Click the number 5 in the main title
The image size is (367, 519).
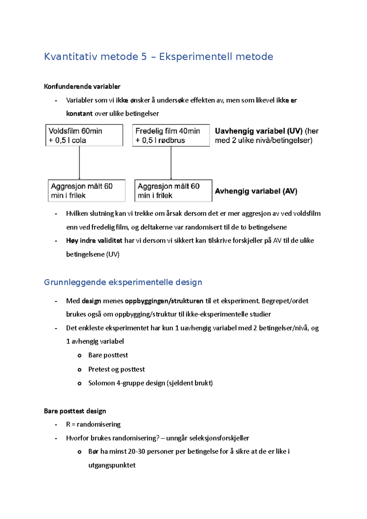(144, 57)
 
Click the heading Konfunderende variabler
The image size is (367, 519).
(82, 86)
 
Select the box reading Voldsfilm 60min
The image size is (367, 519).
(84, 135)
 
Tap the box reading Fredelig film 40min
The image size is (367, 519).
(171, 135)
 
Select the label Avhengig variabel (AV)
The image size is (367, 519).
(256, 191)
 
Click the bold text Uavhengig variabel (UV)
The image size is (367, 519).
(258, 131)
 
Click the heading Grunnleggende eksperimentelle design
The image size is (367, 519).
(123, 282)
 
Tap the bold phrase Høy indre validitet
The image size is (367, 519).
(94, 241)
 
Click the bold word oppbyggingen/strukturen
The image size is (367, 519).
(164, 301)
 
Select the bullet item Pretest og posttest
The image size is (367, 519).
(117, 369)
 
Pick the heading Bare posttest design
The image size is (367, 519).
(75, 411)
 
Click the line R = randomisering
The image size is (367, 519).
(93, 425)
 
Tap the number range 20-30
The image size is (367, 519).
(136, 451)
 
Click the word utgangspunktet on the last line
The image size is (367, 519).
(112, 465)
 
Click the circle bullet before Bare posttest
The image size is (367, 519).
(80, 355)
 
